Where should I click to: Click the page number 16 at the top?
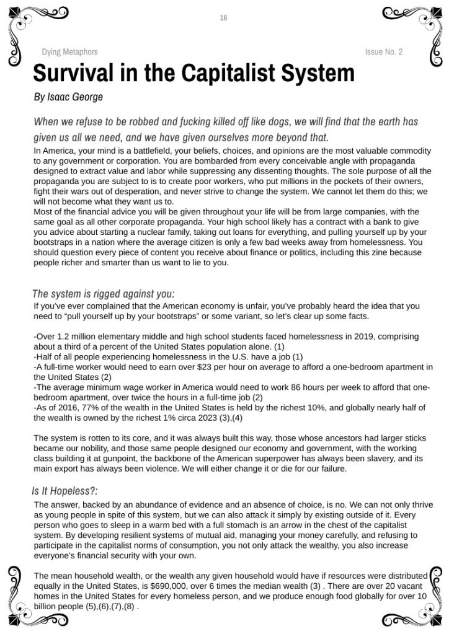click(x=223, y=18)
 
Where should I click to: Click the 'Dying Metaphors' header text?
click(x=69, y=52)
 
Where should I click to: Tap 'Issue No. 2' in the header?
click(x=383, y=52)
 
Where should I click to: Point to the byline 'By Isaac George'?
click(x=68, y=97)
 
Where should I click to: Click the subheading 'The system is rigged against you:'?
click(x=103, y=293)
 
